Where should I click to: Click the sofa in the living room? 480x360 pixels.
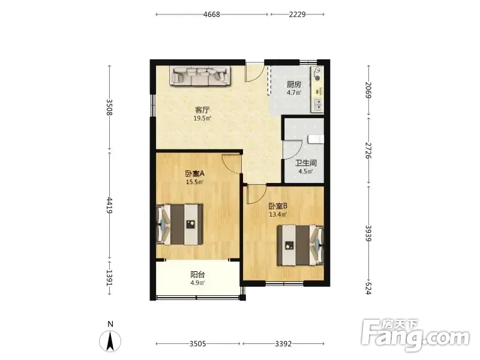(201, 76)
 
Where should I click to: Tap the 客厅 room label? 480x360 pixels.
(202, 110)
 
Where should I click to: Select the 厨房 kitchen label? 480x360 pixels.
(294, 84)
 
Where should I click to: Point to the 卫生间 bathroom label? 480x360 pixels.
(306, 163)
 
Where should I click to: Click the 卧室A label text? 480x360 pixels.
(194, 174)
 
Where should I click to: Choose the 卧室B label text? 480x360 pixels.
(278, 206)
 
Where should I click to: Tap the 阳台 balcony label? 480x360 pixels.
(198, 275)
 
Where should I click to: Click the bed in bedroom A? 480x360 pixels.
(179, 224)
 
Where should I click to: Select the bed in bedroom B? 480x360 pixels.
(301, 245)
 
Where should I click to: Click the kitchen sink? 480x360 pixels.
(317, 105)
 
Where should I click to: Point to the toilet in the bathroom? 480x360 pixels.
(316, 139)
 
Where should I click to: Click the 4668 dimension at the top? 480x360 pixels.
(212, 14)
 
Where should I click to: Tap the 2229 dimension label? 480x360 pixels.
(297, 14)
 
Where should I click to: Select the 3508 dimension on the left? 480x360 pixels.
(110, 107)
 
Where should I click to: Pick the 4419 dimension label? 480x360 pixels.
(110, 205)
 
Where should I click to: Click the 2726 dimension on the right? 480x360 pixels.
(368, 151)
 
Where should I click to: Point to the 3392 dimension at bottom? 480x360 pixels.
(283, 344)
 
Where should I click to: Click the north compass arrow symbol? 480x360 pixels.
(110, 341)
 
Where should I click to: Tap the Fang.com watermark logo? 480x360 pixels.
(415, 335)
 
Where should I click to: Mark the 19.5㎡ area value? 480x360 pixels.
(202, 118)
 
